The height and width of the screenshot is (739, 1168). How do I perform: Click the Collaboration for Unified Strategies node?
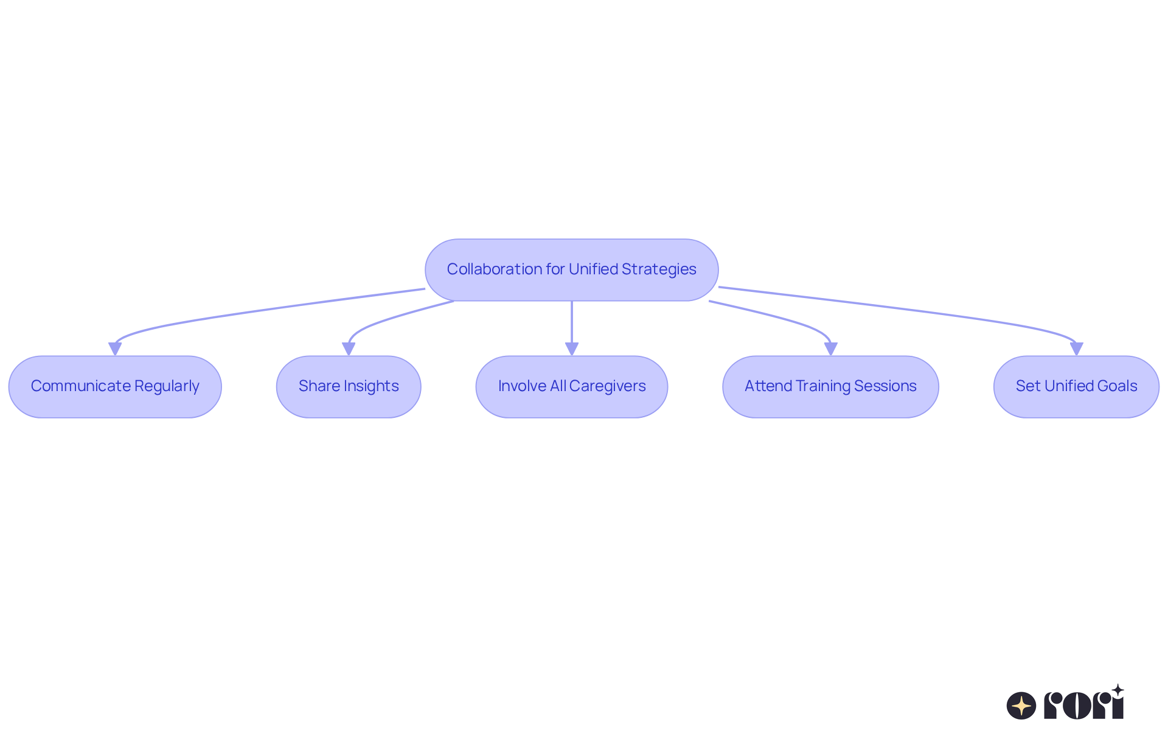click(x=571, y=269)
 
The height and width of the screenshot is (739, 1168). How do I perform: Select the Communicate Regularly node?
click(x=115, y=386)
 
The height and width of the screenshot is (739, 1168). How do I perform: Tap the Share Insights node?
click(x=349, y=386)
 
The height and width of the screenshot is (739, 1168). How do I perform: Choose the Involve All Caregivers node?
click(x=571, y=386)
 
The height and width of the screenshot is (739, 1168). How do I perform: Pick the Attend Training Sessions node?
click(x=830, y=386)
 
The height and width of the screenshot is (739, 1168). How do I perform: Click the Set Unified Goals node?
click(x=1076, y=386)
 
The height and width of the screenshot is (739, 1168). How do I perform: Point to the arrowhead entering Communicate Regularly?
click(x=115, y=349)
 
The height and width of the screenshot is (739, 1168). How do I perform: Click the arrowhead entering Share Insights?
click(x=349, y=349)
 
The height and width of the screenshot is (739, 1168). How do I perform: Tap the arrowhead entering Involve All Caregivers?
click(x=572, y=349)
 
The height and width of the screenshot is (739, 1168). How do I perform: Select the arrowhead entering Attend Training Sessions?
click(x=830, y=349)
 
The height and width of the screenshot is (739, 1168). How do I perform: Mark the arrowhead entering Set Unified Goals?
click(x=1076, y=349)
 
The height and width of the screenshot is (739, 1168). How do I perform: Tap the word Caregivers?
click(x=607, y=386)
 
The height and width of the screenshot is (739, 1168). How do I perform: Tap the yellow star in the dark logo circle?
click(x=1021, y=706)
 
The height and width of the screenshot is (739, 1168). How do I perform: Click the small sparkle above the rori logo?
click(x=1118, y=690)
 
